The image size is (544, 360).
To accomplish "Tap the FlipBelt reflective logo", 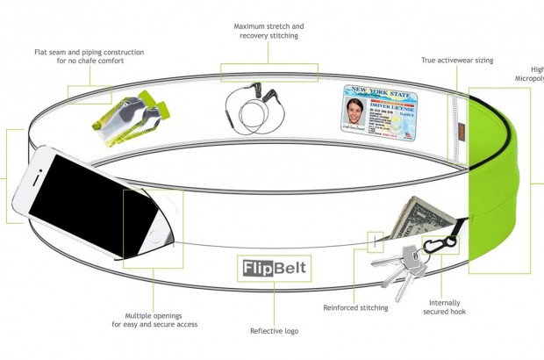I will tap(273, 266).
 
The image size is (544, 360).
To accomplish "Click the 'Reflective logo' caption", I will tap(273, 332).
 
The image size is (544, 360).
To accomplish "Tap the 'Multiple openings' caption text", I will tap(154, 319).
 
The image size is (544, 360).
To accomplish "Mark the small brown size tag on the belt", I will tap(462, 133).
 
